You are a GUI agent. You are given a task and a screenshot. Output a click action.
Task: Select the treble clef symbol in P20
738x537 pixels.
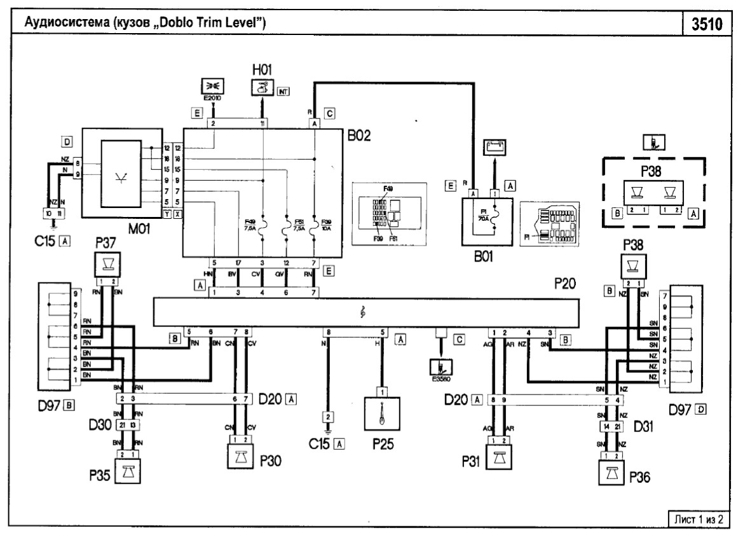pyautogui.click(x=362, y=313)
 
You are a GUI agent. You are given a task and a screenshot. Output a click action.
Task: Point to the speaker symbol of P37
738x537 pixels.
pyautogui.click(x=104, y=263)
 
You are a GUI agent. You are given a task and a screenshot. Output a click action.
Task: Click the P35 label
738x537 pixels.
pyautogui.click(x=99, y=474)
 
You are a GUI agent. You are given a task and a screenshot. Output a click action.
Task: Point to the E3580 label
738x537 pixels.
pyautogui.click(x=442, y=383)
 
